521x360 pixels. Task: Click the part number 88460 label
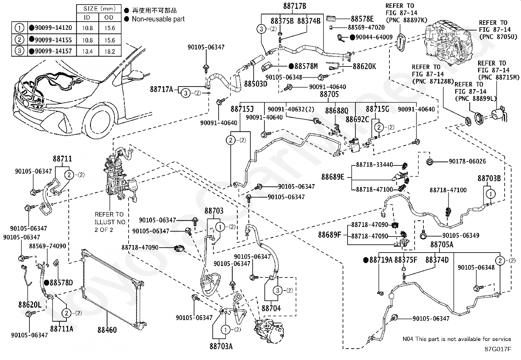click(x=107, y=330)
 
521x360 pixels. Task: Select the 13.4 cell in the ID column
click(x=87, y=51)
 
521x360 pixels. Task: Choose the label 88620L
click(x=30, y=305)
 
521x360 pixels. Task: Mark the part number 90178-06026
click(x=467, y=161)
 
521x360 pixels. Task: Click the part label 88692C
click(x=357, y=119)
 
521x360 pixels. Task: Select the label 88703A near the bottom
click(x=221, y=346)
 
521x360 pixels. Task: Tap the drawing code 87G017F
click(x=498, y=349)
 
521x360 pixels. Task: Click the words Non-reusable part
click(x=158, y=19)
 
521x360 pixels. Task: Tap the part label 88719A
click(x=381, y=260)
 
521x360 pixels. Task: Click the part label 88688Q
click(x=337, y=109)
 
